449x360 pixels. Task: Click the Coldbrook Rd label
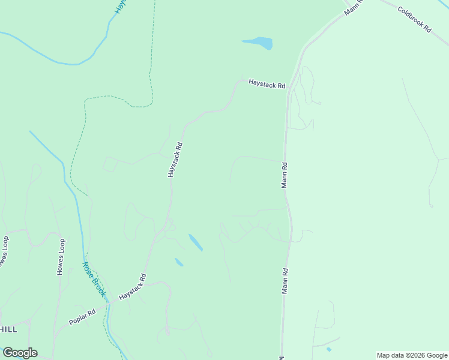414,20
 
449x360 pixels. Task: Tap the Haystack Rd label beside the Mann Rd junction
267,85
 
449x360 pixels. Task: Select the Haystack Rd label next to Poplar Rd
133,287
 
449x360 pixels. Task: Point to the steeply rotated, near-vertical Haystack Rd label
175,159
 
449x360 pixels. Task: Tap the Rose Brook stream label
94,280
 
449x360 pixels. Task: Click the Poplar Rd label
82,317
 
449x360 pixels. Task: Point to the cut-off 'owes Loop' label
5,252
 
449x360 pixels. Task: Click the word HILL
8,329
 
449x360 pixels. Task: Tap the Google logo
20,353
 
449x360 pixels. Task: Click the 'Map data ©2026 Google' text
412,355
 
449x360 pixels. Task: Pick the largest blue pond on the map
259,43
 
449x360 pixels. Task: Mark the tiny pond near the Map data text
328,349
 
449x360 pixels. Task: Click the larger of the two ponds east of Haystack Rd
196,242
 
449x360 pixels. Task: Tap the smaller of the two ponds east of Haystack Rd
179,262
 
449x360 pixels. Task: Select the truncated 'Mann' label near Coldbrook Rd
352,8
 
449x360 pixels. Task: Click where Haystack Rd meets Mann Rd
289,88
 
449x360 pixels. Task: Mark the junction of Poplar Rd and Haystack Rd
109,304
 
